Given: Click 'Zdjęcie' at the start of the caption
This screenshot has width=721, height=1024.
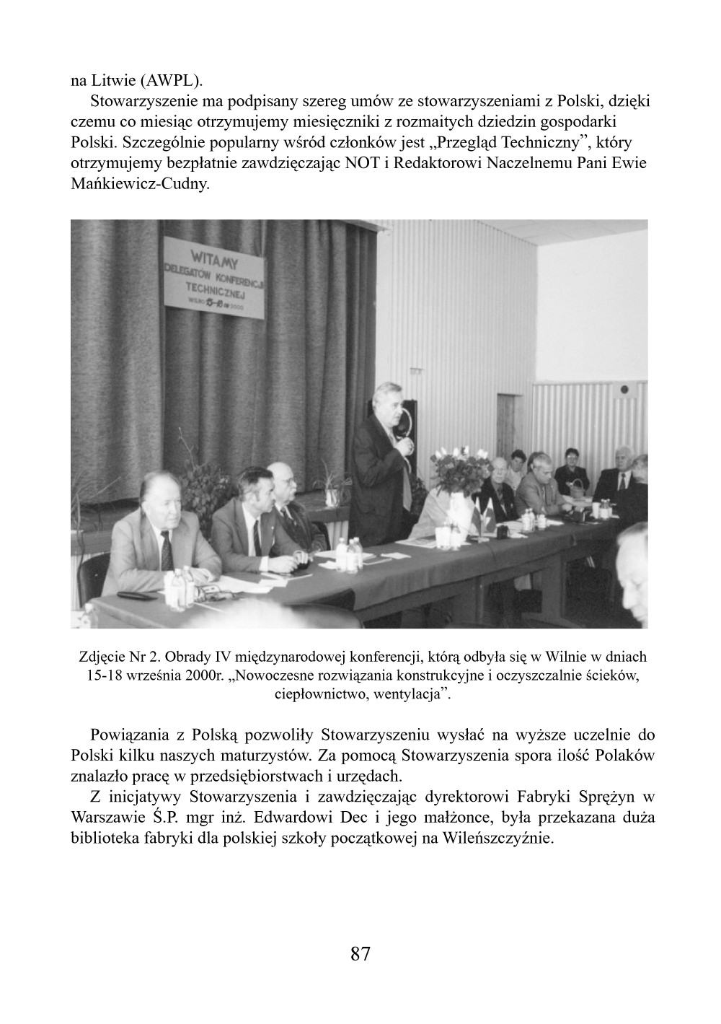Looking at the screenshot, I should tap(101, 657).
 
